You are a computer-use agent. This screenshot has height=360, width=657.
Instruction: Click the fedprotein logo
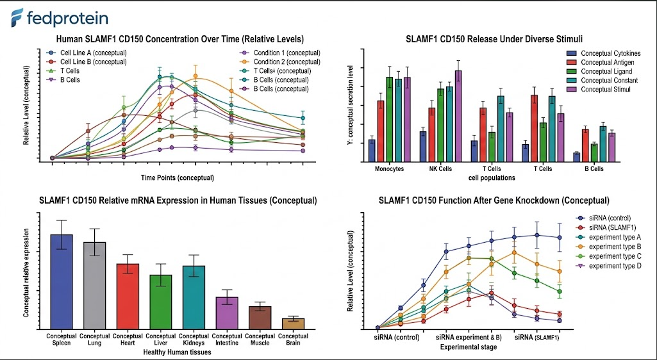(x=60, y=19)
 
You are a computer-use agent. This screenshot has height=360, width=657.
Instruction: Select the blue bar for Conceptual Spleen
(x=62, y=281)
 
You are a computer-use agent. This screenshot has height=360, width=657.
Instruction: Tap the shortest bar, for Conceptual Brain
(x=294, y=323)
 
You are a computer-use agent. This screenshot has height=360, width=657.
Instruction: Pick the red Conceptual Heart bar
(x=128, y=296)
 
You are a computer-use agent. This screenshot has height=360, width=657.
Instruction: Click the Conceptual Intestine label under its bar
(x=227, y=340)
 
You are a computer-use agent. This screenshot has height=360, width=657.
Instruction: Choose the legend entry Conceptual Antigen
(x=600, y=62)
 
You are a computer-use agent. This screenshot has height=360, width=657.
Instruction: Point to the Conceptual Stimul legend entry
(x=598, y=89)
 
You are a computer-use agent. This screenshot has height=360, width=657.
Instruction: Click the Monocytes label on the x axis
(x=389, y=169)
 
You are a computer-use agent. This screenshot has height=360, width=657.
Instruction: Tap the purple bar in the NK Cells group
(x=458, y=116)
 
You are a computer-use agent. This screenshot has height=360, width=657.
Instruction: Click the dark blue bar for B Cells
(x=576, y=158)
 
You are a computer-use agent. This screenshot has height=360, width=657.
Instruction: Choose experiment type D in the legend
(x=609, y=266)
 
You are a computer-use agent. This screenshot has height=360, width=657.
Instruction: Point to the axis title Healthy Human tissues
(x=178, y=352)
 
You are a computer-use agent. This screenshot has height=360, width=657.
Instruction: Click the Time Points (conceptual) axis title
(x=178, y=178)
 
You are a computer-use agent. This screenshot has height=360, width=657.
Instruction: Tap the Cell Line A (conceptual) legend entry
(x=87, y=53)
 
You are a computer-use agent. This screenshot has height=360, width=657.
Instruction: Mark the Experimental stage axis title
(x=469, y=347)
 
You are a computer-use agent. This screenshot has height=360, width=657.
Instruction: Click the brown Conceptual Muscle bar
(x=260, y=318)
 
